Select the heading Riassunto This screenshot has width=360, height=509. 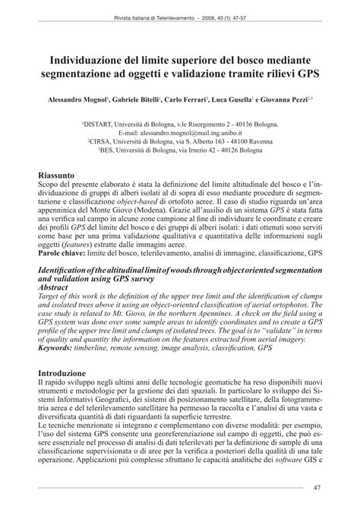point(60,174)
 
